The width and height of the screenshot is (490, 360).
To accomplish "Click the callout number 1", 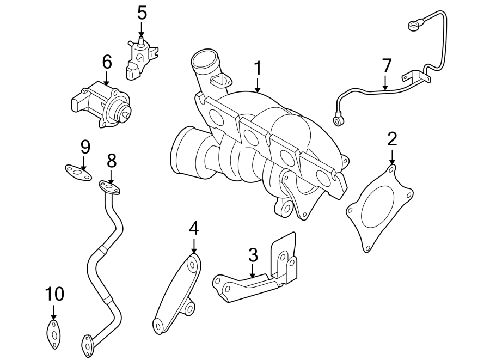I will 258,68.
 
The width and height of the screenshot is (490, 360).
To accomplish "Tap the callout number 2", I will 392,139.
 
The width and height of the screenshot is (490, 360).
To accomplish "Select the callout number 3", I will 253,254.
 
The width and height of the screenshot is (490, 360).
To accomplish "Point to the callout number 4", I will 194,229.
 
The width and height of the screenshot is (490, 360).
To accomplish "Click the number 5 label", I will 142,13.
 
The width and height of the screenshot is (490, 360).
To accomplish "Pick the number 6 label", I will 107,62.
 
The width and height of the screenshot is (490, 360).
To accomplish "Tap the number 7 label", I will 386,66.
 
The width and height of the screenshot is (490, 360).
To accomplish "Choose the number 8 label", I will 111,160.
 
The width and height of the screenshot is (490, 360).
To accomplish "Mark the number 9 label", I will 84,147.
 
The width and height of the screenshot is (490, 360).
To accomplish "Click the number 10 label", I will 54,294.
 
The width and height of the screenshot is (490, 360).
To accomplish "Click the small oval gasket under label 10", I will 53,333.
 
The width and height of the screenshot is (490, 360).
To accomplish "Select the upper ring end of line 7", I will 414,25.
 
